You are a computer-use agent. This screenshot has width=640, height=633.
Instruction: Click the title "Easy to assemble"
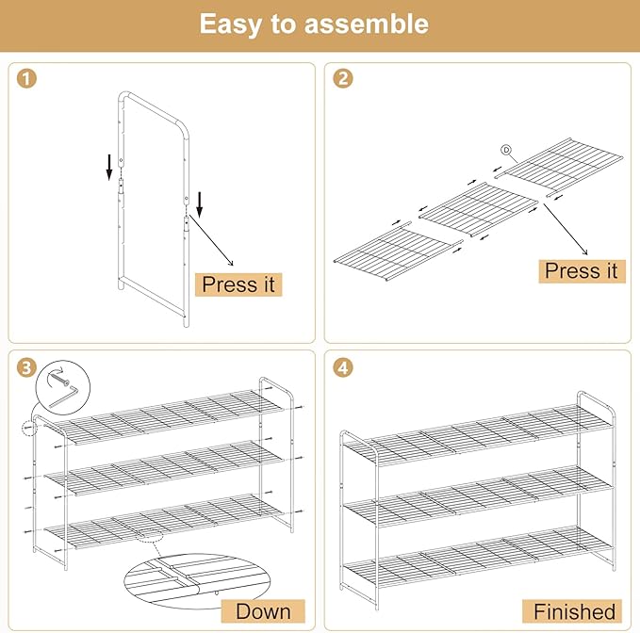pyautogui.click(x=314, y=24)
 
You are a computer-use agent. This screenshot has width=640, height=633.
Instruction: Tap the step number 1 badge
pyautogui.click(x=27, y=79)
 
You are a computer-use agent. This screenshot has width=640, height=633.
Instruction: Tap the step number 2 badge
pyautogui.click(x=343, y=79)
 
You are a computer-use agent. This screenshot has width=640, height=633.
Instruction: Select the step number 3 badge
pyautogui.click(x=27, y=366)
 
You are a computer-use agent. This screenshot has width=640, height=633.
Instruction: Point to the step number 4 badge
pyautogui.click(x=343, y=366)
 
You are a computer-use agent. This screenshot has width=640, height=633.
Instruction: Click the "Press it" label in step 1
pyautogui.click(x=238, y=284)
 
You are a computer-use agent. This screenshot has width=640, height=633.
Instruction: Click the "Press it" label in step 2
pyautogui.click(x=582, y=270)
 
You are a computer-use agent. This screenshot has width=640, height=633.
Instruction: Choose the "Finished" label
pyautogui.click(x=573, y=610)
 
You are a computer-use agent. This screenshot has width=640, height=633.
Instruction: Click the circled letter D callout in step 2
pyautogui.click(x=505, y=150)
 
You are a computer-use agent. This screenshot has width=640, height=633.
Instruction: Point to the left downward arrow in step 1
pyautogui.click(x=110, y=167)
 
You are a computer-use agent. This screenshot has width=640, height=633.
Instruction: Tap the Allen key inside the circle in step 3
pyautogui.click(x=58, y=389)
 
